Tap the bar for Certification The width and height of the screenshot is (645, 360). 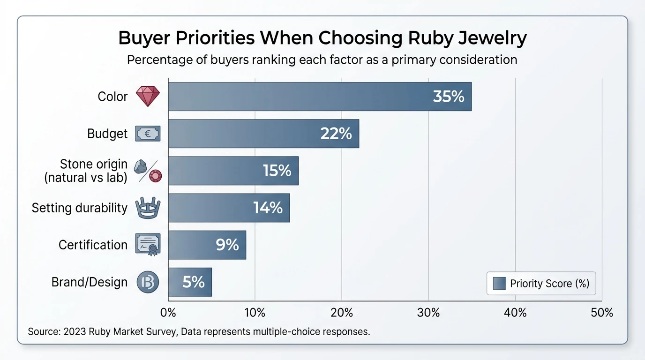207,245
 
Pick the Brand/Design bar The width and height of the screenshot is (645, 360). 190,282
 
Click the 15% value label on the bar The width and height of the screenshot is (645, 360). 277,171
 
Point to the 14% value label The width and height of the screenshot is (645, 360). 268,208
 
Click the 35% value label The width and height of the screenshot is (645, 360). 449,97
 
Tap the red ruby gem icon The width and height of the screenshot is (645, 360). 148,97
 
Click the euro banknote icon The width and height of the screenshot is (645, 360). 148,134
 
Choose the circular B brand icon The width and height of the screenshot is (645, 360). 148,282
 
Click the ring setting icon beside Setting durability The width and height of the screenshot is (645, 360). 148,208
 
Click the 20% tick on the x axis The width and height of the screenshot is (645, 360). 342,313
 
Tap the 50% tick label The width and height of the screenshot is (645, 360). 602,313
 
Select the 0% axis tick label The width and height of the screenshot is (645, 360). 168,313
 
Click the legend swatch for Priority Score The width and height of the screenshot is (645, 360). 499,284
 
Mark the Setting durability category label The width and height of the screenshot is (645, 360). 80,208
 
